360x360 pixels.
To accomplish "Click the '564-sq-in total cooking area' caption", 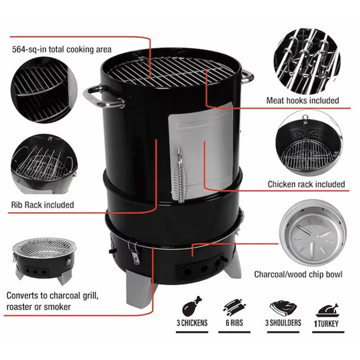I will (x=62, y=49).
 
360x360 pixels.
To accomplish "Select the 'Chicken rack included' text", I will (x=306, y=184).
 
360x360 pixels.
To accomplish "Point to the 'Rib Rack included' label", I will (x=42, y=205).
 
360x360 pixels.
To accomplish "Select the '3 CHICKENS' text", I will (x=192, y=323).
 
